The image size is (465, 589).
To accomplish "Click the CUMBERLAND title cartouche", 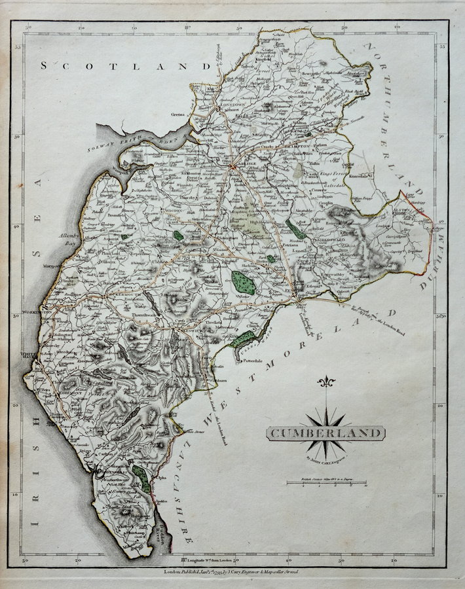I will tap(325, 433).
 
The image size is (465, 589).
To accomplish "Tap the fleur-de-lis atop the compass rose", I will tap(325, 382).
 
